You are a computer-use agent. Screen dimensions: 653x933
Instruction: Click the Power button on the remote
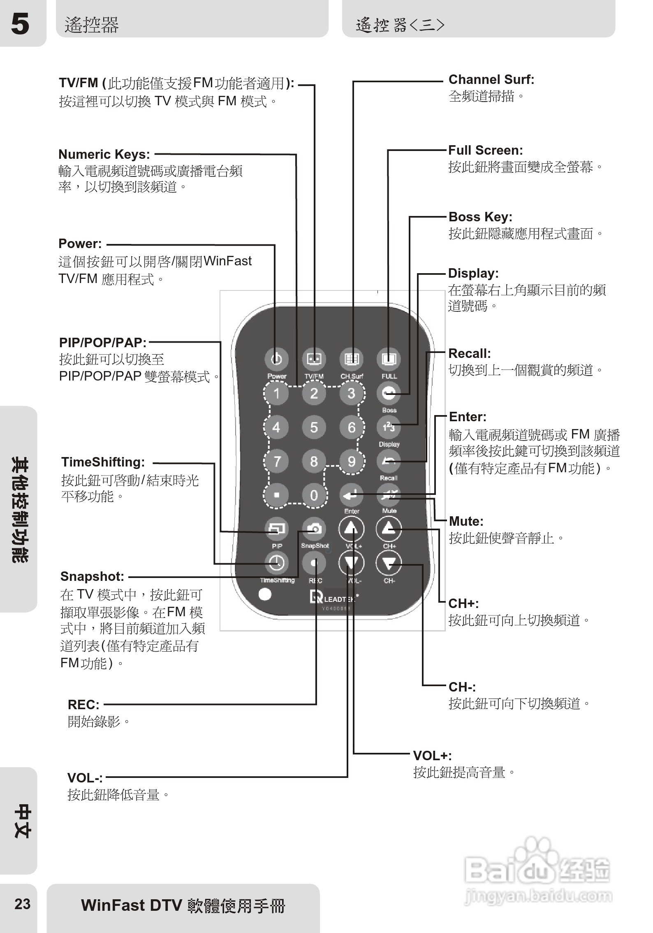[x=276, y=359]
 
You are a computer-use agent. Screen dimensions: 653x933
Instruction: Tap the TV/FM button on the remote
[x=314, y=359]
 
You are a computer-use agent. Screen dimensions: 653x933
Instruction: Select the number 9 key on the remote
[x=352, y=461]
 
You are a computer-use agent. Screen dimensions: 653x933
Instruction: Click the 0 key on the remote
[x=314, y=495]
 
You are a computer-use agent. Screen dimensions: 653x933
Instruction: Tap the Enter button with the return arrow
[x=352, y=495]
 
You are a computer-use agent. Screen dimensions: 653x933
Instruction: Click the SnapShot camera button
[x=314, y=529]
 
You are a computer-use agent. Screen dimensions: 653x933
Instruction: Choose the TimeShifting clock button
[x=276, y=563]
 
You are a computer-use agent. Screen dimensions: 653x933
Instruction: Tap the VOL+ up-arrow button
[x=352, y=529]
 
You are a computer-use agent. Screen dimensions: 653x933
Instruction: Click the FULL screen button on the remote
[x=389, y=359]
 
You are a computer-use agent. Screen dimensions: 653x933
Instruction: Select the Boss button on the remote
[x=389, y=393]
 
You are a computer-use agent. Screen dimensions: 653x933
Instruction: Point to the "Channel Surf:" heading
[x=491, y=79]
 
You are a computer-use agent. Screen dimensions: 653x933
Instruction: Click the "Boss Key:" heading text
[x=480, y=217]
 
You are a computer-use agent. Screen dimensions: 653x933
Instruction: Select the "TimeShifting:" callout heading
[x=103, y=462]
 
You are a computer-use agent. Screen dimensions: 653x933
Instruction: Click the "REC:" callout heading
[x=83, y=705]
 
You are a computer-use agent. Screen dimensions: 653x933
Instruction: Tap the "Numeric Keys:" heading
[x=104, y=154]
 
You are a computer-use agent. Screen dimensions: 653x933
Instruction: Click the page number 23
[x=22, y=904]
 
